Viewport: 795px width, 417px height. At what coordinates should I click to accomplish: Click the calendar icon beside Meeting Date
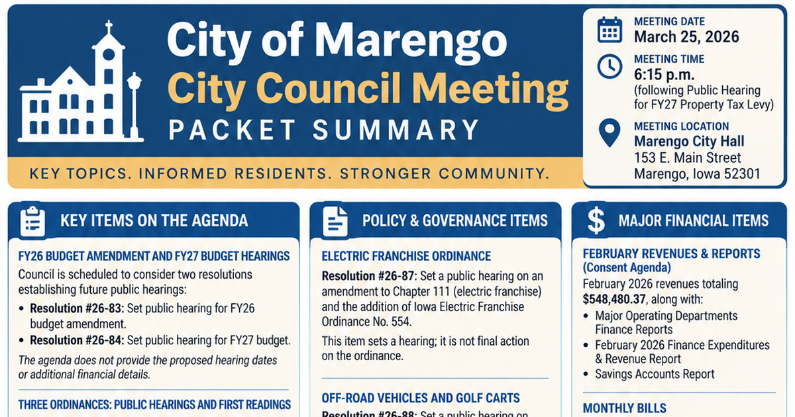coord(609,30)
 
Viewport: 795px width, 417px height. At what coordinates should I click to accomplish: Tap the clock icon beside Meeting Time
coord(609,67)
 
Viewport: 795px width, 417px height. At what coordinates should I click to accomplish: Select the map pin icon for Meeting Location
coord(609,132)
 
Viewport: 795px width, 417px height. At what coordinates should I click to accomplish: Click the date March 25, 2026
coord(686,37)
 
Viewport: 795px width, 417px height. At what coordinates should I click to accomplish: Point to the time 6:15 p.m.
coord(664,74)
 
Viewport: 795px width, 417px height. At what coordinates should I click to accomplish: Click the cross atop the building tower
coord(109,27)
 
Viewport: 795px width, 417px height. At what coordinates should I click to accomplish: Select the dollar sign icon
coord(596,220)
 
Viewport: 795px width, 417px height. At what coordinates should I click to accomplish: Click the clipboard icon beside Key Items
coord(32,221)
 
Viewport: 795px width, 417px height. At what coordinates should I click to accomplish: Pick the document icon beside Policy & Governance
coord(335,222)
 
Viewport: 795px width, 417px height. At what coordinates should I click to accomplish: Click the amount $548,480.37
coord(613,299)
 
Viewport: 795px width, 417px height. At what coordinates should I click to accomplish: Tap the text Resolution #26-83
coord(76,308)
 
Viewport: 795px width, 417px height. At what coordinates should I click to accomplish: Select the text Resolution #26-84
coord(76,340)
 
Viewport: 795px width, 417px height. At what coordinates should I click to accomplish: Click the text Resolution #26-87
coord(368,276)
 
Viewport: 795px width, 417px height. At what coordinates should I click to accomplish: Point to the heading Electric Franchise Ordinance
coord(406,256)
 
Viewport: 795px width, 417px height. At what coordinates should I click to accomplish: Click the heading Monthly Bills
coord(624,408)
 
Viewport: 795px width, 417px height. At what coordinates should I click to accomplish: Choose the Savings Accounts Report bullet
coord(655,374)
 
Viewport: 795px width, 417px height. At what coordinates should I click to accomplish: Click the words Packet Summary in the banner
coord(324,130)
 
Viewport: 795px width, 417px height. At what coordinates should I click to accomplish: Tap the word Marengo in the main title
coord(410,40)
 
